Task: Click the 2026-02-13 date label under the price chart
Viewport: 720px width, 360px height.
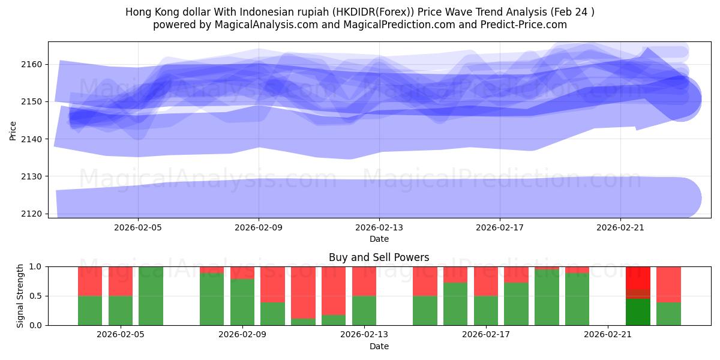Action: (x=379, y=227)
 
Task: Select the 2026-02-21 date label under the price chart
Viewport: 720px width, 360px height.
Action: (x=620, y=227)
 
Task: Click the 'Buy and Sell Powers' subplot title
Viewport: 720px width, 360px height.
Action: (x=379, y=257)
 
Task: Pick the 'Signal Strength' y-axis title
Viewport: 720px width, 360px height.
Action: (x=20, y=296)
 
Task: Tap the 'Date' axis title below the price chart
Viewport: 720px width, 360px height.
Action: (x=379, y=239)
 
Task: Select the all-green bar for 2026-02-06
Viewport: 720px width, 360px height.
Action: (x=151, y=296)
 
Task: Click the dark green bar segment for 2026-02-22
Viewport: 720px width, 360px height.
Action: (x=638, y=312)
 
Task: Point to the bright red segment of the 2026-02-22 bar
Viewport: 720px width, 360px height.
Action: (x=638, y=277)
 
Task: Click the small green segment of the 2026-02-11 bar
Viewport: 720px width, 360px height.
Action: (x=303, y=322)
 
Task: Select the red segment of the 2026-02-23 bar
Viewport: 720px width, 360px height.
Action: (x=668, y=284)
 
